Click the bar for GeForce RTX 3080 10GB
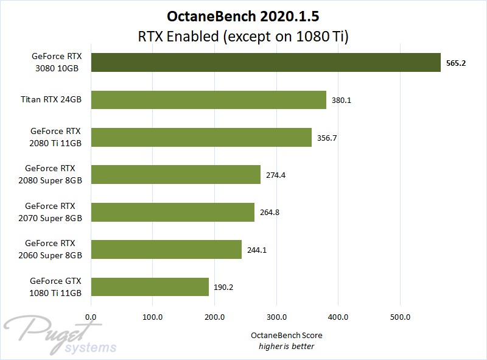point(265,63)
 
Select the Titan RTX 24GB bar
point(208,100)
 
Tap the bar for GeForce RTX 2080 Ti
point(201,138)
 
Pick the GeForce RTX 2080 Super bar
point(175,175)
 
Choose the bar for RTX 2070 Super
point(172,212)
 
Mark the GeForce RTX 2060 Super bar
point(166,249)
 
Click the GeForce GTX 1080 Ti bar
point(150,286)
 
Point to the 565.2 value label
point(456,63)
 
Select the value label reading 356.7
point(328,138)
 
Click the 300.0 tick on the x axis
point(276,316)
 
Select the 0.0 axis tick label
point(91,316)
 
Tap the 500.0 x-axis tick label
point(400,316)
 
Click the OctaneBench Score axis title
point(286,336)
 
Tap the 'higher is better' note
point(286,347)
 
